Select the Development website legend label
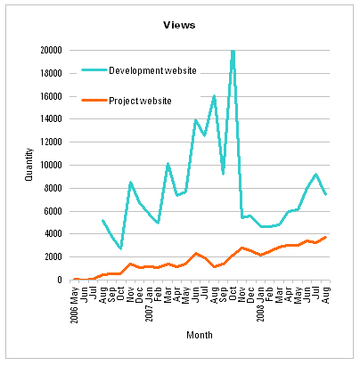(152, 70)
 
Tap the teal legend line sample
(94, 70)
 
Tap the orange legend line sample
(94, 100)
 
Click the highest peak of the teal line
(233, 51)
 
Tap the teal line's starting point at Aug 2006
(103, 220)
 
